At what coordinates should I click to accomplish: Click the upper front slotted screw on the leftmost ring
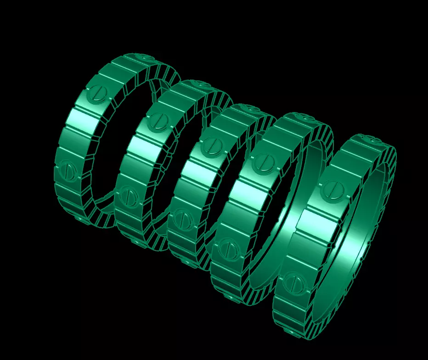click(x=97, y=93)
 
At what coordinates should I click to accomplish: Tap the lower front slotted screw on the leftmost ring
click(x=68, y=169)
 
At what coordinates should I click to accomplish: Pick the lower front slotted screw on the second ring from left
click(x=129, y=195)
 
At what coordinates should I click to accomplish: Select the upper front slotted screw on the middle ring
click(x=214, y=146)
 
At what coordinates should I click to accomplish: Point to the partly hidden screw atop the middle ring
click(x=252, y=108)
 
